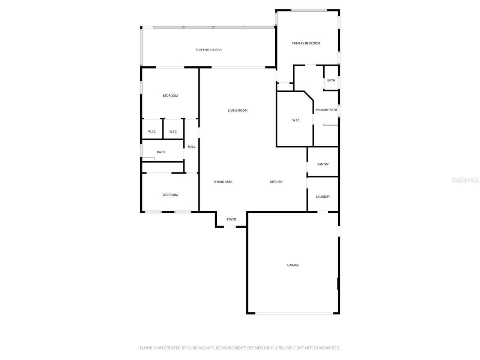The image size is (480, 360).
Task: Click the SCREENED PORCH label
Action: point(208,50)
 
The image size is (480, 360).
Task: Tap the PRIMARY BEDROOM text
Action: point(306,43)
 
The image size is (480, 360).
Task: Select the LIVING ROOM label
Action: point(238,111)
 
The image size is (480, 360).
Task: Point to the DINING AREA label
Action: point(223,182)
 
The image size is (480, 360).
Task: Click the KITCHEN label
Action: point(276,182)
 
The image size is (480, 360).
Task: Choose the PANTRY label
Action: point(323,164)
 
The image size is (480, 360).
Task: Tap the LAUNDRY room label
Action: point(323,197)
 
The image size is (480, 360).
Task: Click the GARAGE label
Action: point(293,265)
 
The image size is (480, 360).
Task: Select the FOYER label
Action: point(231,219)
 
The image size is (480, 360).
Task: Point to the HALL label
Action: point(192,147)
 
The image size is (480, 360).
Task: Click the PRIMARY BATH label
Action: point(326,110)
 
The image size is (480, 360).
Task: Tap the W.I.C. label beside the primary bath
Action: point(296,120)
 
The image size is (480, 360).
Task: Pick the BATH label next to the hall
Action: point(161,152)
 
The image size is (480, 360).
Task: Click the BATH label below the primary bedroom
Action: point(331,81)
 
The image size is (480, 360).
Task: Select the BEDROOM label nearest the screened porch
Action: point(170,96)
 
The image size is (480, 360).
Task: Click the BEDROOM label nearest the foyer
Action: point(170,195)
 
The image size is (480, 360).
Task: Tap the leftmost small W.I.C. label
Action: point(152,132)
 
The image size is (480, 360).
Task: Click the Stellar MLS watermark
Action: point(465,180)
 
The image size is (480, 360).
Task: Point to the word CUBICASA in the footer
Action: point(200,348)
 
